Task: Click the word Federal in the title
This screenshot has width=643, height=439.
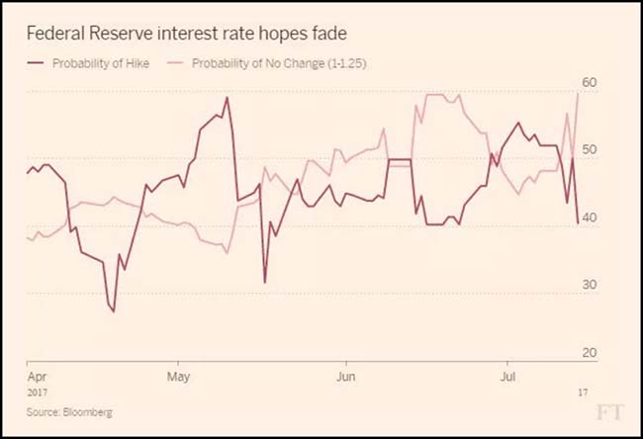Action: (x=55, y=33)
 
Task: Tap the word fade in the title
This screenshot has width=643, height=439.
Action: (x=327, y=33)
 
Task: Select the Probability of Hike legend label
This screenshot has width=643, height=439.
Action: (x=107, y=64)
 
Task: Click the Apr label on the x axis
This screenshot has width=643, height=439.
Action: (x=36, y=377)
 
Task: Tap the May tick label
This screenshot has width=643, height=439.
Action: (x=179, y=377)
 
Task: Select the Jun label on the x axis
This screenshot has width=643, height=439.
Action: (x=346, y=377)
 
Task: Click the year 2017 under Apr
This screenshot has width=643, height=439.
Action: (x=38, y=392)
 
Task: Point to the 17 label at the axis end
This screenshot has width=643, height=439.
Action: (x=584, y=392)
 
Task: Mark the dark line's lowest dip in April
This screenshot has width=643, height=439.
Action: (x=113, y=311)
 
